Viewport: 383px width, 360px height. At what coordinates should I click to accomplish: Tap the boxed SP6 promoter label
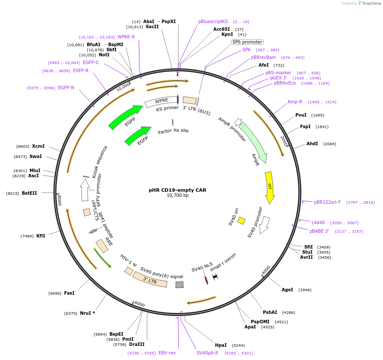point(247,42)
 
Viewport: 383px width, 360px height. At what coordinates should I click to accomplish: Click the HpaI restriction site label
point(221,345)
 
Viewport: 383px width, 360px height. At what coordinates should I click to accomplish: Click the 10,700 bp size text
point(177,196)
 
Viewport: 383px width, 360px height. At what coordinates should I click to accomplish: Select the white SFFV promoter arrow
point(85,190)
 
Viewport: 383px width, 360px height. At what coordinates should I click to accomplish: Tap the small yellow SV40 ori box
point(241,220)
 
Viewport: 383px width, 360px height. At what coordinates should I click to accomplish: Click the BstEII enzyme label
point(29,193)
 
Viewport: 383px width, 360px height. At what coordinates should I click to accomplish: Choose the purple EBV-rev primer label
point(167,353)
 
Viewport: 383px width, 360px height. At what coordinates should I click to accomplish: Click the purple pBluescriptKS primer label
point(213,21)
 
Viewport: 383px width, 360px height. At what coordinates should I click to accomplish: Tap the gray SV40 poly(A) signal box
point(180,284)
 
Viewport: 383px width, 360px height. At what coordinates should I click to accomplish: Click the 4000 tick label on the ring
point(266,270)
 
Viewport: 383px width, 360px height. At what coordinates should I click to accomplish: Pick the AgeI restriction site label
point(287,290)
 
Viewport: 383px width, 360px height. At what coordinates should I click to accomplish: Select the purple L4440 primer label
point(318,223)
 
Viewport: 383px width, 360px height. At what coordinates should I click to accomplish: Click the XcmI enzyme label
point(38,146)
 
